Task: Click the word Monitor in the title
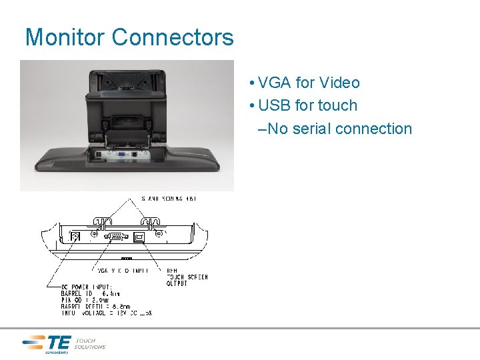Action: pyautogui.click(x=65, y=37)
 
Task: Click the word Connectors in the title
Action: pyautogui.click(x=173, y=37)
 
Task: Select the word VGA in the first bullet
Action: pyautogui.click(x=273, y=83)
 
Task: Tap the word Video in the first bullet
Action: pyautogui.click(x=339, y=83)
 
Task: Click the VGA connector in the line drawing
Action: pyautogui.click(x=115, y=236)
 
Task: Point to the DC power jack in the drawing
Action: pyautogui.click(x=75, y=236)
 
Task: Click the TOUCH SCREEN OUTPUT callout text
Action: pyautogui.click(x=187, y=277)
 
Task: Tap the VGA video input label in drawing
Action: pyautogui.click(x=123, y=270)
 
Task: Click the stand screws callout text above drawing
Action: pyautogui.click(x=169, y=198)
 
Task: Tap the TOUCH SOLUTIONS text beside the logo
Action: pyautogui.click(x=89, y=343)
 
